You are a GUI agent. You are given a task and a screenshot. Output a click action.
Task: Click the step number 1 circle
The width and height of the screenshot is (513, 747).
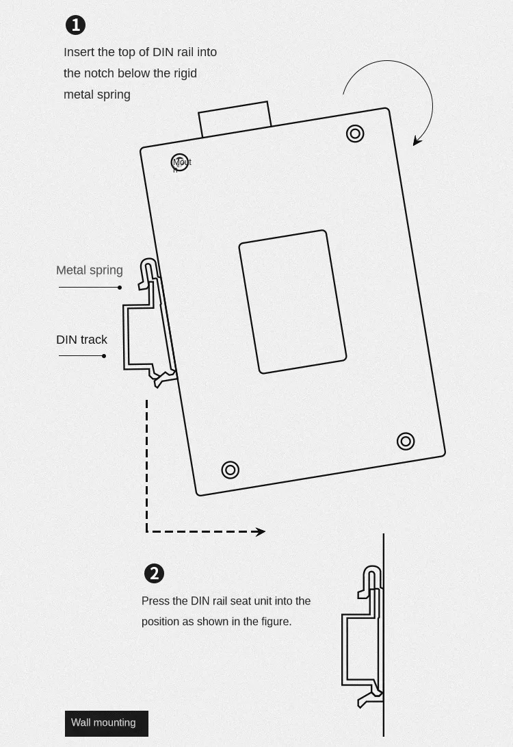75,25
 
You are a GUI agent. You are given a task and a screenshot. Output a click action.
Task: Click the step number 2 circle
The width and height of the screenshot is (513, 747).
154,573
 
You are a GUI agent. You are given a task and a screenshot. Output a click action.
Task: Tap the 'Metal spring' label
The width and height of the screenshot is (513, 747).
90,270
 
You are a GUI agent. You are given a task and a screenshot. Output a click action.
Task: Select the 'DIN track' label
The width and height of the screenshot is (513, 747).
81,340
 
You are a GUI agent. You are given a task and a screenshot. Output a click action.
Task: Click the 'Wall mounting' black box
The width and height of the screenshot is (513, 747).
106,723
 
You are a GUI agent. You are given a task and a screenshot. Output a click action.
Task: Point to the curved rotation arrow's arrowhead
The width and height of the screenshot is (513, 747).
416,142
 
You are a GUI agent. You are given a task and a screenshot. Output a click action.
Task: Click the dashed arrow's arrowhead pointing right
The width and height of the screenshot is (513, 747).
261,531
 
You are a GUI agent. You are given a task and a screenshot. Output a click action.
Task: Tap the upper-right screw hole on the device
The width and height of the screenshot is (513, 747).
355,133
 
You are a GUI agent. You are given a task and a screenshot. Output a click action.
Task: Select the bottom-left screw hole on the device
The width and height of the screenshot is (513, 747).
231,470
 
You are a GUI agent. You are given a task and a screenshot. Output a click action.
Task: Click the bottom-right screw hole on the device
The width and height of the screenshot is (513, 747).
406,441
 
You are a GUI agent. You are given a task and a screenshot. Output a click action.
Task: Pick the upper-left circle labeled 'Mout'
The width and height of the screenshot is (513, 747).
179,162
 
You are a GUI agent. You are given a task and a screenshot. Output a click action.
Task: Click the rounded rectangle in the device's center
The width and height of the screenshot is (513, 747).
293,302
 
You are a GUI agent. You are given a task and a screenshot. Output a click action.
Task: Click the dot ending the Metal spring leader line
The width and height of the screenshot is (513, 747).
120,288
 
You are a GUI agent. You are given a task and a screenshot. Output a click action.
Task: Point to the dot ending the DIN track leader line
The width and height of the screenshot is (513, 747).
104,356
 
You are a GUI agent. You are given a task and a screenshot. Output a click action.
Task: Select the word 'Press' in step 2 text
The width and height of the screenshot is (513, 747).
155,601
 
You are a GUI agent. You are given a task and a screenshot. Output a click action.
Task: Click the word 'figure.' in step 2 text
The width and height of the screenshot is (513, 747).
274,622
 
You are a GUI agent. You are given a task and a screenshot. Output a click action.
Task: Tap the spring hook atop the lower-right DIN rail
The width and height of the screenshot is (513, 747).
371,574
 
